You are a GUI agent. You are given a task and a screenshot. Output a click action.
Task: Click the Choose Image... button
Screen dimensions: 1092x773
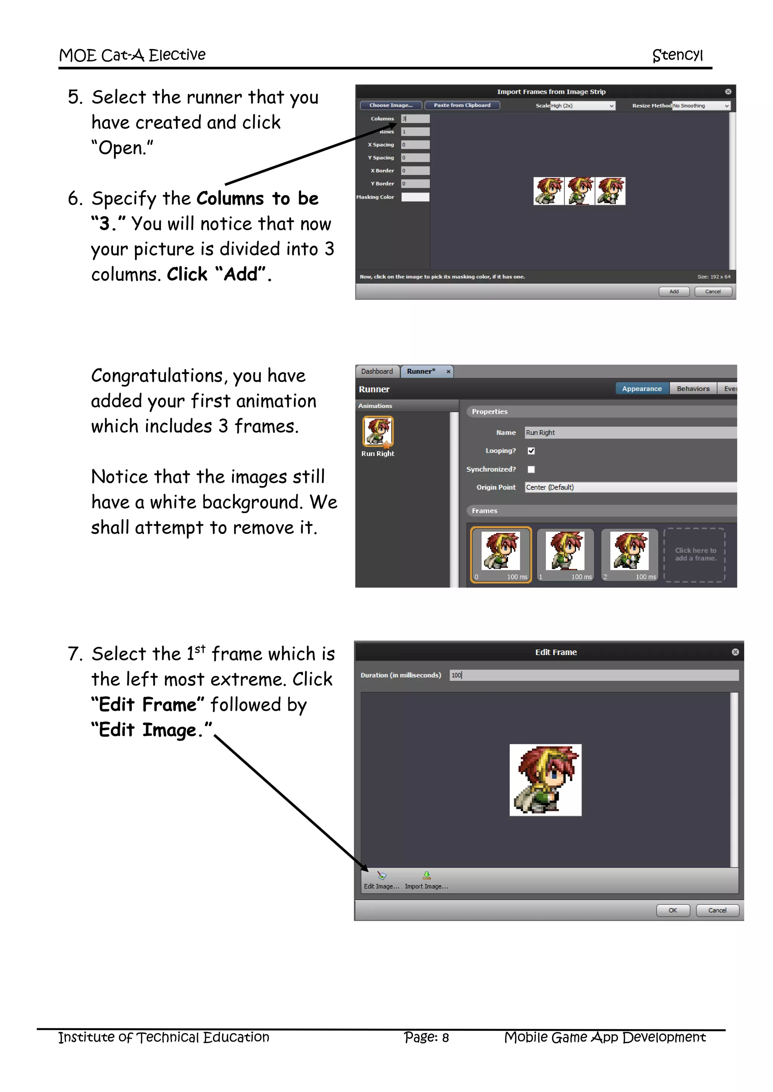(391, 105)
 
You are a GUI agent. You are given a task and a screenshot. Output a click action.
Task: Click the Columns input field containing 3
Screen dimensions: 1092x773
(415, 118)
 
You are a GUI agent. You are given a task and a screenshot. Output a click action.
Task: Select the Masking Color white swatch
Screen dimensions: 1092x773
(415, 197)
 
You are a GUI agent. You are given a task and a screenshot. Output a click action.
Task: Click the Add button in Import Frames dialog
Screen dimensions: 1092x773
(673, 291)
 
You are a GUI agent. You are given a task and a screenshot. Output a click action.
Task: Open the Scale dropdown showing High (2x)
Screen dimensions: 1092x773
(583, 106)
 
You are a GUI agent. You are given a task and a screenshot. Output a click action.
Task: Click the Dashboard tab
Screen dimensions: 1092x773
(377, 371)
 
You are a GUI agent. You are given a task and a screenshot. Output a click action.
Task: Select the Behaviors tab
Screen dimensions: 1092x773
(693, 389)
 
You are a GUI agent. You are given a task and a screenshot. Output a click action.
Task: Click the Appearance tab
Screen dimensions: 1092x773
(641, 389)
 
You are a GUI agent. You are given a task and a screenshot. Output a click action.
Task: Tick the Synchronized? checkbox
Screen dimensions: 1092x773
(531, 469)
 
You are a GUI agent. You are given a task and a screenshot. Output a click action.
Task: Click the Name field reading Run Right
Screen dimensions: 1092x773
(628, 433)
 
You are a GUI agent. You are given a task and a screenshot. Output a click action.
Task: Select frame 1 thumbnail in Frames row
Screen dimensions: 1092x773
(565, 554)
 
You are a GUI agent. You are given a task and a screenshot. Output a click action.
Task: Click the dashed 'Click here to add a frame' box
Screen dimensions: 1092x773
(694, 555)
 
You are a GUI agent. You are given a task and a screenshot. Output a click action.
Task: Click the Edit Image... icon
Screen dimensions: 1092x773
(382, 876)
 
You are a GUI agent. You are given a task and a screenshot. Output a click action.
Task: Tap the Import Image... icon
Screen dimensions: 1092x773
(427, 876)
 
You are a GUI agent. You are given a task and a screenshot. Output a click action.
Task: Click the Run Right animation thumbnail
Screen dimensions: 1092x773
(378, 431)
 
